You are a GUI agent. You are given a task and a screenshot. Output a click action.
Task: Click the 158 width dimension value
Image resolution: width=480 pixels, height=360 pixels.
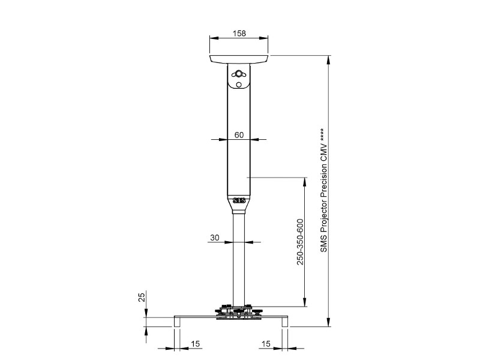tap(239, 34)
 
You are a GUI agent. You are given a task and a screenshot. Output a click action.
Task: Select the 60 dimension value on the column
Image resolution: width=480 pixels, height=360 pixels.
tap(239, 135)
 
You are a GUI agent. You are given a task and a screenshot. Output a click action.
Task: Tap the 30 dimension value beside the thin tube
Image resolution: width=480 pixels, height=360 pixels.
tap(215, 238)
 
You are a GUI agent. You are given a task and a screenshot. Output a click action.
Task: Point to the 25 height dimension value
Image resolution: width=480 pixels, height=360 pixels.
tap(142, 297)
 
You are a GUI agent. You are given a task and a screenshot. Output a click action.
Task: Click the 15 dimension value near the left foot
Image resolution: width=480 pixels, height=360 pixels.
tap(196, 344)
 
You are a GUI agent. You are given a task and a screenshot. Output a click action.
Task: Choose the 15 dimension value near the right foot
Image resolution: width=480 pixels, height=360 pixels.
tap(266, 344)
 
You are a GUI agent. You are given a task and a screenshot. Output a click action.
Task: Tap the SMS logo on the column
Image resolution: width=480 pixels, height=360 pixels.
tap(239, 201)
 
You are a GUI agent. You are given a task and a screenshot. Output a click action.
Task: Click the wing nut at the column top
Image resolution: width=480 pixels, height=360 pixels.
tap(239, 74)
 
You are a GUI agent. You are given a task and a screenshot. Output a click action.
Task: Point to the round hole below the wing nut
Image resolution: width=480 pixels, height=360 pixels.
tap(239, 85)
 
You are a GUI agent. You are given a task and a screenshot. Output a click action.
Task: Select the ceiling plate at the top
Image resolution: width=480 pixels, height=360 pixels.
tap(239, 59)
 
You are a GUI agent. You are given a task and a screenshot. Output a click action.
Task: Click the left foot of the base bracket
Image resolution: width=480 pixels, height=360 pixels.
tap(178, 322)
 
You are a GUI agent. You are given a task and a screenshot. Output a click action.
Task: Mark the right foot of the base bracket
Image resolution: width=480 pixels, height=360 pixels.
tap(285, 322)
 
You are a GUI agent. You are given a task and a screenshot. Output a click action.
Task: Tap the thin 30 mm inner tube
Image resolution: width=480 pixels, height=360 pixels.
tap(239, 264)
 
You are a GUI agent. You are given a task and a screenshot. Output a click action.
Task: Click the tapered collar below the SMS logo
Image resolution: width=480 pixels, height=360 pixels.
tap(239, 211)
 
